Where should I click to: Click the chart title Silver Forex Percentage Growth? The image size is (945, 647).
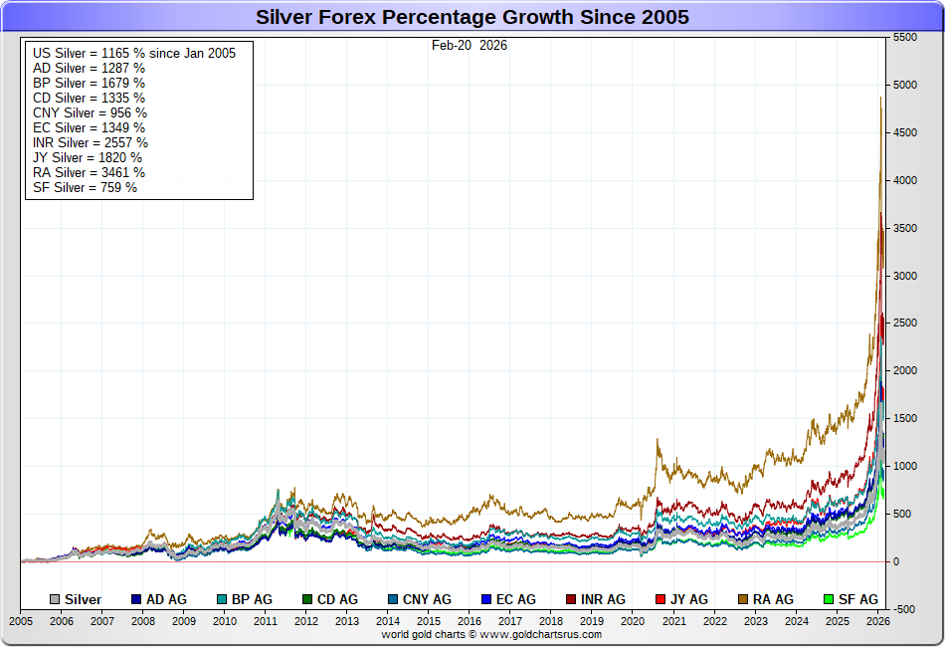(x=472, y=17)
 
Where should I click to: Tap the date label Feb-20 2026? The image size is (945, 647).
(x=470, y=45)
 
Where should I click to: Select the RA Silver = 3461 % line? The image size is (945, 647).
(x=89, y=172)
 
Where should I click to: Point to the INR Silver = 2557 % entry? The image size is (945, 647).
(x=91, y=142)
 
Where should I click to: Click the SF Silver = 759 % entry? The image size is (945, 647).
(x=85, y=187)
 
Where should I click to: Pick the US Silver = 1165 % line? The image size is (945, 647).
(x=133, y=53)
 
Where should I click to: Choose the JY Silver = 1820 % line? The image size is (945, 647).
(x=88, y=157)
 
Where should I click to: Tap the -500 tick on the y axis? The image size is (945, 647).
(x=905, y=609)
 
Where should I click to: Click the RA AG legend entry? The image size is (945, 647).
(x=766, y=599)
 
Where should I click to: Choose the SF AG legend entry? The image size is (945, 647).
(x=850, y=599)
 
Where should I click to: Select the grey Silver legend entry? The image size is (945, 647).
(x=76, y=599)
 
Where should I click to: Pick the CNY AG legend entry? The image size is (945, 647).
(x=422, y=599)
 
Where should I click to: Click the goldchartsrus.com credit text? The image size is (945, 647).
(x=491, y=634)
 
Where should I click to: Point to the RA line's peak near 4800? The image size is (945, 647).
(x=881, y=99)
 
